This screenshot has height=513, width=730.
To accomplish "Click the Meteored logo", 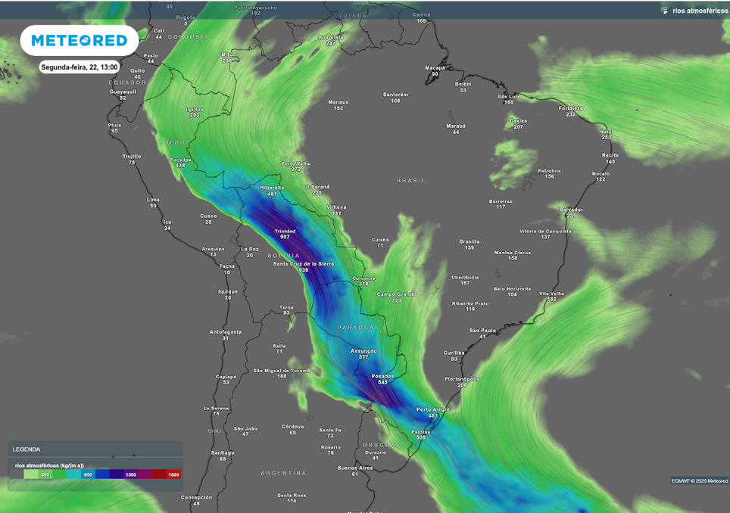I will (x=79, y=40).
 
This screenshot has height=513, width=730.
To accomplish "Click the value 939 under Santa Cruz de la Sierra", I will (x=304, y=269).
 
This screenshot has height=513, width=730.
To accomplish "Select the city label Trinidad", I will (x=285, y=231).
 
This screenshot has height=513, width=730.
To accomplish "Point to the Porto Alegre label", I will (x=433, y=409).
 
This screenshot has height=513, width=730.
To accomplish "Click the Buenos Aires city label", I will (x=354, y=468).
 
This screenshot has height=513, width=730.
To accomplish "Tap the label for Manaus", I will (x=338, y=102).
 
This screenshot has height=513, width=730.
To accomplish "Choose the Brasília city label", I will (x=470, y=241).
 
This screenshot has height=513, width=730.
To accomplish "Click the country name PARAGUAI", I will (x=357, y=328).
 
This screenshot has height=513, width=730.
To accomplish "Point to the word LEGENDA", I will (x=27, y=449).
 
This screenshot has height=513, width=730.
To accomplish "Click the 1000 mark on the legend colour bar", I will (x=131, y=474).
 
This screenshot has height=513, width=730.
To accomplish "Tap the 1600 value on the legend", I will (x=173, y=474).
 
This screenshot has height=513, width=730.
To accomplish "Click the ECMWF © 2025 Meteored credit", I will (x=699, y=480).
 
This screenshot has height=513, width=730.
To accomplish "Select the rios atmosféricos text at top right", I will (x=700, y=11).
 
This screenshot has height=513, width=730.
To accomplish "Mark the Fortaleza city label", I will (x=571, y=108).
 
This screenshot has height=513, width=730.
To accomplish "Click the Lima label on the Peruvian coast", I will (x=153, y=200).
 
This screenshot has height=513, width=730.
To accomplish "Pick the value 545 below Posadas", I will (x=382, y=382).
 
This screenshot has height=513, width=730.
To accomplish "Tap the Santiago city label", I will (x=223, y=452).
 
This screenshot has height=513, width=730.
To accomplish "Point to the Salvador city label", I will (x=571, y=210).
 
